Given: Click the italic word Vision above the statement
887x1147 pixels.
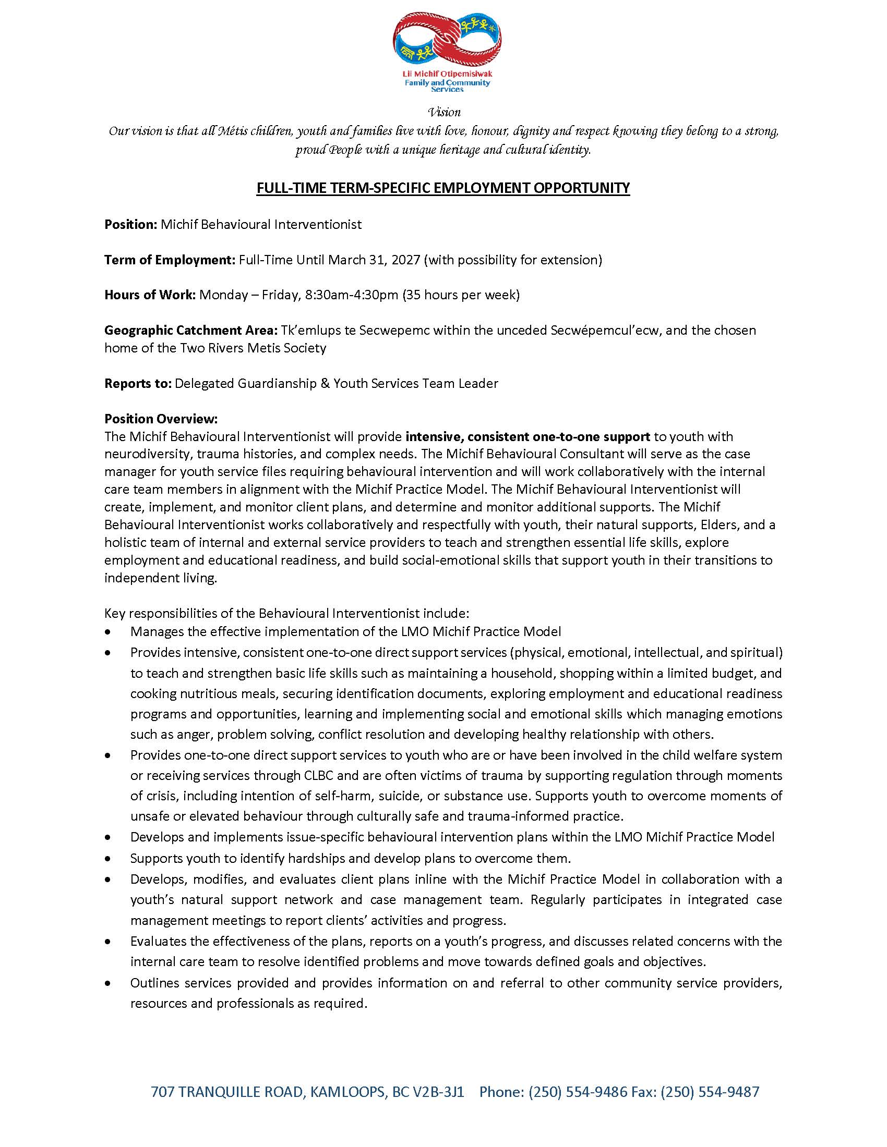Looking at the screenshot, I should (445, 112).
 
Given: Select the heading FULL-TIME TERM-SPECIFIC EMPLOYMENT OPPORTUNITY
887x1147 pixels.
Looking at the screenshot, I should (443, 188).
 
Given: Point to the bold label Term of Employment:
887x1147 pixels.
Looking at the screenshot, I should (170, 260).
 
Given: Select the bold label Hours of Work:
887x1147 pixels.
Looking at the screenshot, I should (150, 295).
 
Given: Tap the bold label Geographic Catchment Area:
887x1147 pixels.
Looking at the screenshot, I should (191, 331).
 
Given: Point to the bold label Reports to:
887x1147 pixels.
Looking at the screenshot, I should (138, 383).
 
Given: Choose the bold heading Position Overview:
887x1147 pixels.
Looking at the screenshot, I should (161, 419).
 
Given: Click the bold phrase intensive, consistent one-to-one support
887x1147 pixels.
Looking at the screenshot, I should (528, 436).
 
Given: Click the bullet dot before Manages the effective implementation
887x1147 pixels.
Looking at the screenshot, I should (108, 631).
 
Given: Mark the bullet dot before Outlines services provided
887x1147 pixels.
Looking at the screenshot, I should (108, 983).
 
